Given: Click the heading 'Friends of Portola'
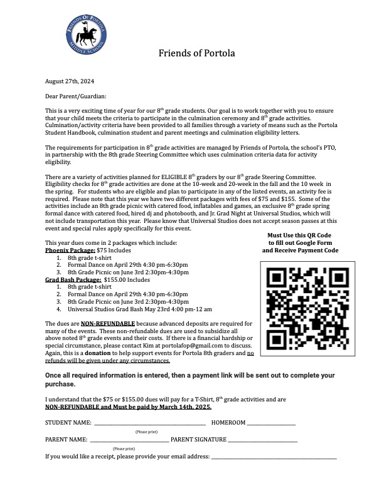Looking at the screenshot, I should click(x=196, y=53).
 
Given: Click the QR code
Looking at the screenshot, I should click(x=301, y=301).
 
